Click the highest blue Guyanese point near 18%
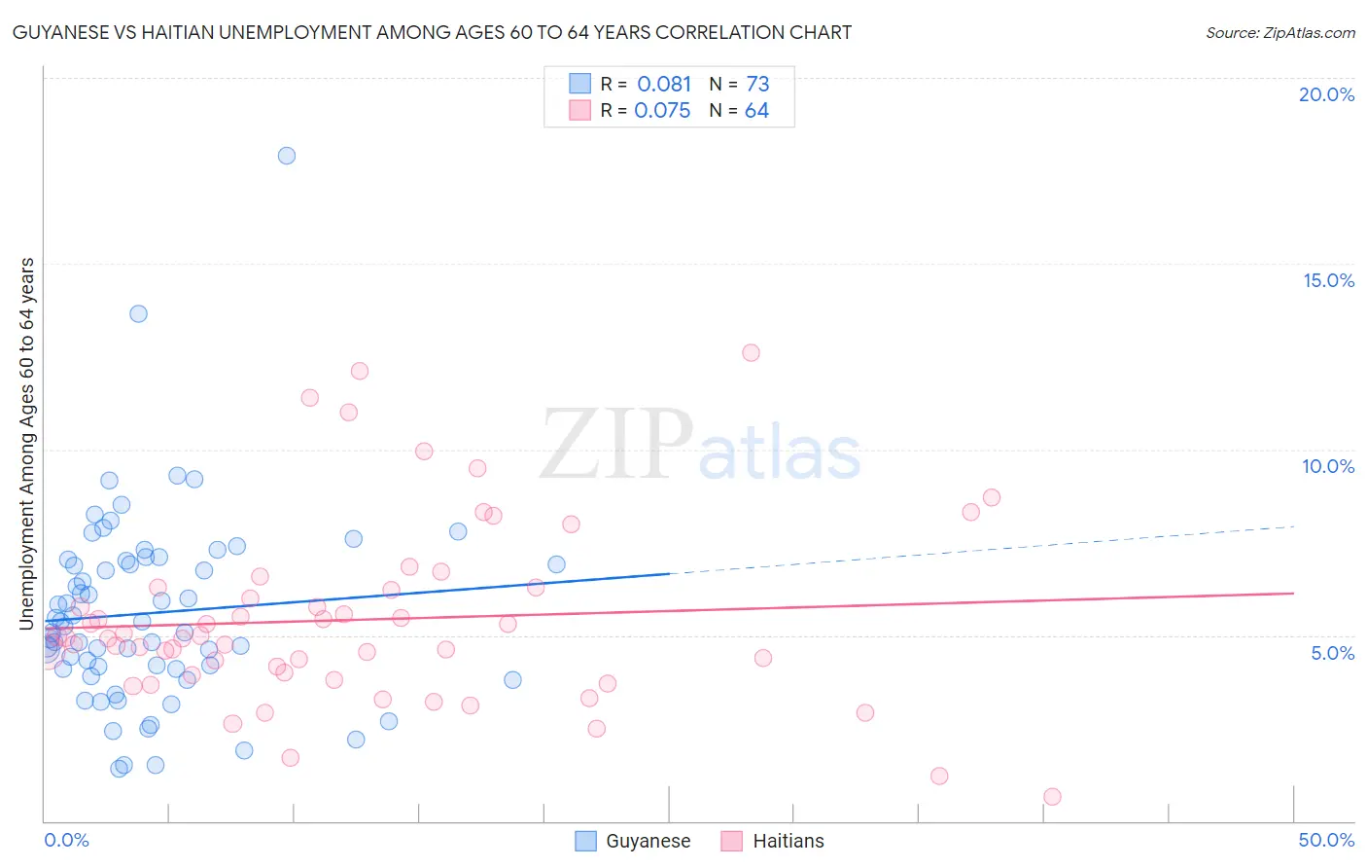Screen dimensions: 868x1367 point(286,156)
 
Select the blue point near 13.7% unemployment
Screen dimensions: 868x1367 point(138,313)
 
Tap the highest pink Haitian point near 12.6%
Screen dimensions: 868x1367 point(751,353)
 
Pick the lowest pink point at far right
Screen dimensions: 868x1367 point(1052,796)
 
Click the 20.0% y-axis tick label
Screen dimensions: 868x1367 point(1326,94)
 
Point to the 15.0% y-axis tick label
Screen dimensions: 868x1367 point(1328,280)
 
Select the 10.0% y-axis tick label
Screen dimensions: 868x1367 point(1328,466)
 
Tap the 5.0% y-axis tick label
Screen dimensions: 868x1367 point(1332,653)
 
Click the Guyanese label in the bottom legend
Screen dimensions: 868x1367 point(648,842)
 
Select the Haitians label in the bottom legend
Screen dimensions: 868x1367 point(788,842)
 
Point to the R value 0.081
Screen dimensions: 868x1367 point(664,85)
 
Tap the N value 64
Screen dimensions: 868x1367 point(756,111)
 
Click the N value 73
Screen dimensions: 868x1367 point(757,85)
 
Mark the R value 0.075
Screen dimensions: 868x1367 point(662,111)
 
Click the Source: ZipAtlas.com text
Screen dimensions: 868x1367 point(1279,33)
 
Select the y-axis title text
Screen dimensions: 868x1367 point(27,444)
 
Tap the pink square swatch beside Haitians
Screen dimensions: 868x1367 point(731,842)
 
